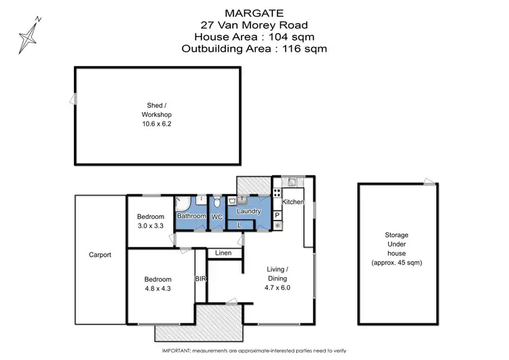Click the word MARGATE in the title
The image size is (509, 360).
(x=254, y=12)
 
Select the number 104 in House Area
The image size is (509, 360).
(x=285, y=37)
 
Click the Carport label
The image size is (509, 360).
(x=100, y=255)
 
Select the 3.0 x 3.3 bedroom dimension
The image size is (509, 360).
(x=151, y=225)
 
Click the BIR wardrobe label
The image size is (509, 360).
(x=201, y=278)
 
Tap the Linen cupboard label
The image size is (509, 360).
(x=223, y=253)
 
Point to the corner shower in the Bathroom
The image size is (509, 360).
(x=181, y=202)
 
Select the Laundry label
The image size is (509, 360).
(x=249, y=211)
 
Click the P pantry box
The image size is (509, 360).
(x=277, y=215)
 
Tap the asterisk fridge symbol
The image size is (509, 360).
(x=277, y=225)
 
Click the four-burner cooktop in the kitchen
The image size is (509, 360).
(x=277, y=192)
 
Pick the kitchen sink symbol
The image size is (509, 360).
(x=291, y=181)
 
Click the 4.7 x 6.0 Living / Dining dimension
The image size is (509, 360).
(x=277, y=288)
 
